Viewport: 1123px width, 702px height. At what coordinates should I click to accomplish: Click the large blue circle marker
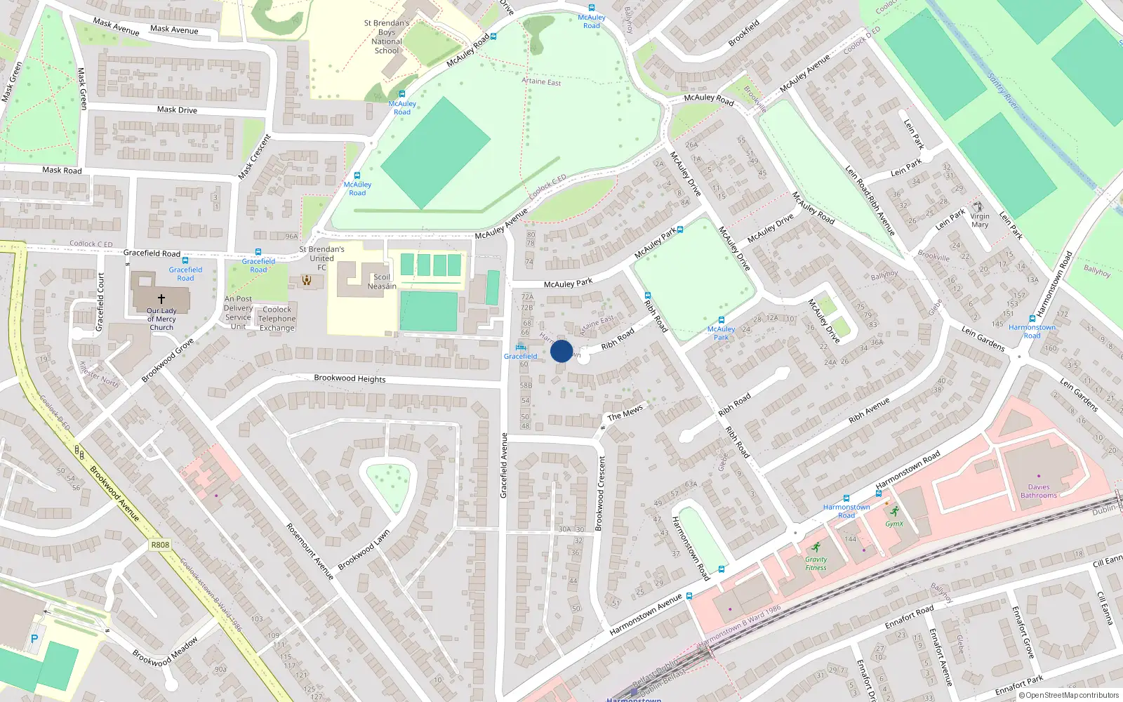561,351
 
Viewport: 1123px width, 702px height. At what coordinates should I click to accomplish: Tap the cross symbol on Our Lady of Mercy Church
161,299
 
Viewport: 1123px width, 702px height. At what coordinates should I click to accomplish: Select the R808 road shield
160,545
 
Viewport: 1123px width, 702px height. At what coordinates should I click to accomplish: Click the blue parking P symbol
34,639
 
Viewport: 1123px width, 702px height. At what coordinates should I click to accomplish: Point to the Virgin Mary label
980,220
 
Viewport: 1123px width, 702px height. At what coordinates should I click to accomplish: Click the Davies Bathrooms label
1039,491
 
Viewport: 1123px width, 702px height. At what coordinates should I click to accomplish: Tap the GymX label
894,524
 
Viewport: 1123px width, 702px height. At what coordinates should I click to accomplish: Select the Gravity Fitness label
816,563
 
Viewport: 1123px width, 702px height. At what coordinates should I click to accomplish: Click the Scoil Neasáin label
382,282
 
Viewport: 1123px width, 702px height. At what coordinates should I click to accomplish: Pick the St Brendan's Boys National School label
387,37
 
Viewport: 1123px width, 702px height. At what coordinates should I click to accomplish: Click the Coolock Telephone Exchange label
277,319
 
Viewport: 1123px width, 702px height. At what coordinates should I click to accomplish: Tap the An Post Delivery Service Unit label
239,312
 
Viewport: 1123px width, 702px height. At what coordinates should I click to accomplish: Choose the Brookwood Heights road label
350,378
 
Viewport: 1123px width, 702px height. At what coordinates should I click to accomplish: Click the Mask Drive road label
177,110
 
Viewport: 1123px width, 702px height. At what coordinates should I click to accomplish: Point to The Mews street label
625,413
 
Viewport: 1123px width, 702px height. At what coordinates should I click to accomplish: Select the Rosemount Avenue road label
310,551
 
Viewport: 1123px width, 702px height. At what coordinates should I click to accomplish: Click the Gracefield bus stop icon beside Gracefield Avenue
521,347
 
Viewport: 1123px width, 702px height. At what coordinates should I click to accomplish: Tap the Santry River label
1002,91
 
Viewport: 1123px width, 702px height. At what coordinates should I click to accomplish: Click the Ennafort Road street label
909,616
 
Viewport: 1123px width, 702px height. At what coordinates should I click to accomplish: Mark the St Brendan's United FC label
321,258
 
